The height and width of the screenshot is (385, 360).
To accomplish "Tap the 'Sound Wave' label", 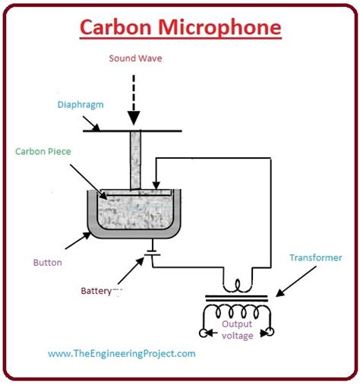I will pos(135,58).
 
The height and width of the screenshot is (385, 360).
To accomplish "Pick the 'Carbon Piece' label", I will pos(43,151).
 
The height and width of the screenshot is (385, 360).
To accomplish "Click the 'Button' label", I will pos(47,263).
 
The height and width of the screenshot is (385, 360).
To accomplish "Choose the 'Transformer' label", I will pos(315,257).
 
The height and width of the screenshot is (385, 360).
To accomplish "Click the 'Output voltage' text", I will pos(237,330).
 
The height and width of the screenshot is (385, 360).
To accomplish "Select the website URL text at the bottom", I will pos(122,353).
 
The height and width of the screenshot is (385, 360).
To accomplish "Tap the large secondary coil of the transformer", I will pos(237,312).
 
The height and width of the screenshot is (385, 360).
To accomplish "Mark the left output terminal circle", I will pos(202,332).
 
